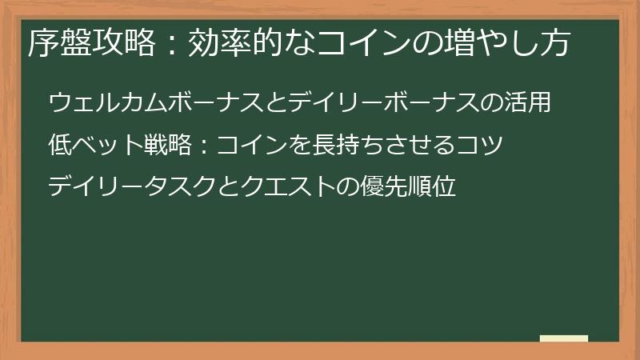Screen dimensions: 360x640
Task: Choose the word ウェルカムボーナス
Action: (150, 103)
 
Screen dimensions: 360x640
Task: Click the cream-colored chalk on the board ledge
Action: (563, 338)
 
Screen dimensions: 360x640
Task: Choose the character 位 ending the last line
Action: (446, 188)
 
